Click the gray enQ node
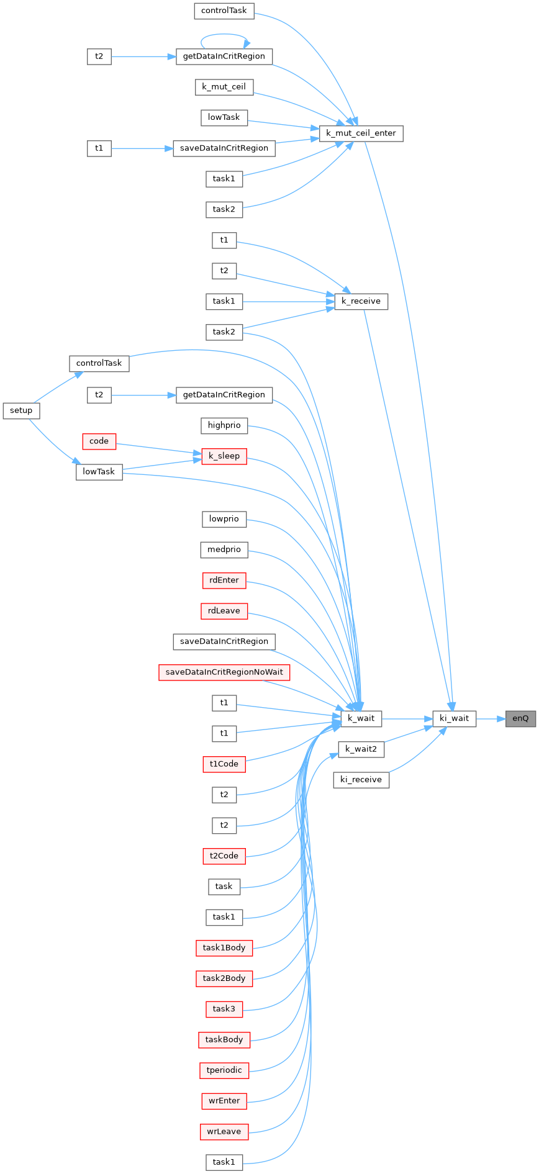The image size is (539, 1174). pos(520,719)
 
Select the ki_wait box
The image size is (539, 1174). pos(454,719)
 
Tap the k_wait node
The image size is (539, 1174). pos(361,719)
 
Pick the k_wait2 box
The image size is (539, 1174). pos(361,749)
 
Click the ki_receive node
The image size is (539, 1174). pos(361,780)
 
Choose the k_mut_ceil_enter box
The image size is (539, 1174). pos(361,133)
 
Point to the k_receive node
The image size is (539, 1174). pos(361,302)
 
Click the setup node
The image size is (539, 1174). pos(21,410)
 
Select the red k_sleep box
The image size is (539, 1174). pos(224,456)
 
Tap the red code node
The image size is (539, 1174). pos(99,441)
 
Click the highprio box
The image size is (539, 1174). pos(224,426)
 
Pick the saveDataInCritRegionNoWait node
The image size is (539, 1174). pos(224,672)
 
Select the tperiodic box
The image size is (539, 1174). pos(224,1070)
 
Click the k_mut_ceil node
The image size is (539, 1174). pos(224,87)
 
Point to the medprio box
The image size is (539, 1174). pos(224,549)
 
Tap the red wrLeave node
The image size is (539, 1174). pos(224,1132)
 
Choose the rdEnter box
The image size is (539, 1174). pos(224,580)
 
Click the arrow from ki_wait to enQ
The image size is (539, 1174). pos(491,719)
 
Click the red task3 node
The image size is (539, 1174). pos(224,1009)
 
